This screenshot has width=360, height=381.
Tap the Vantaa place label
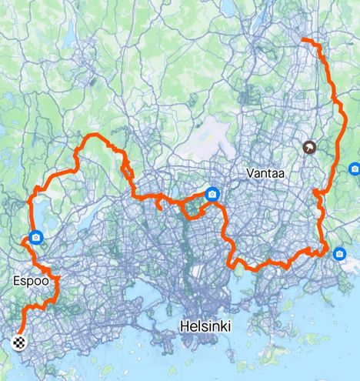click(265, 174)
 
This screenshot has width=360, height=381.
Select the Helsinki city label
click(205, 327)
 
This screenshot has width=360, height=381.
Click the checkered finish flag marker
click(18, 343)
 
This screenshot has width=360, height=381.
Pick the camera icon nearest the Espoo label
click(35, 238)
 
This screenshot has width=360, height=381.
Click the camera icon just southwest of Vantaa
click(212, 195)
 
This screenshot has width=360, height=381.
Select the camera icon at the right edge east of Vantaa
click(355, 169)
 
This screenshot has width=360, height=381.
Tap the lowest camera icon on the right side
click(340, 252)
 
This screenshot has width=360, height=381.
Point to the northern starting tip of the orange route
click(302, 39)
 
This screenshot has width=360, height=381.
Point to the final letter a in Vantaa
click(282, 174)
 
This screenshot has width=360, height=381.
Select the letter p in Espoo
click(31, 283)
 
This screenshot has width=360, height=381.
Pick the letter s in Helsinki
click(203, 327)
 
